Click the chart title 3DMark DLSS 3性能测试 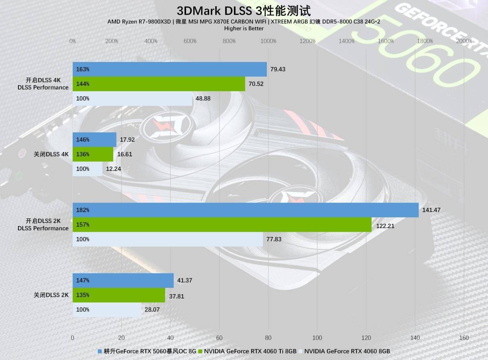click(x=243, y=11)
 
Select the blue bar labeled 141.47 click(x=245, y=210)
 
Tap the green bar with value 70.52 click(x=159, y=84)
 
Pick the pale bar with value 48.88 click(x=132, y=99)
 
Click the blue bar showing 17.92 click(x=94, y=140)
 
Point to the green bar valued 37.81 click(x=119, y=295)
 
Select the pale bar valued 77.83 click(x=168, y=239)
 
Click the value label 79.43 click(x=278, y=69)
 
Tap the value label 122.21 click(x=385, y=226)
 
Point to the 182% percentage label click(x=82, y=210)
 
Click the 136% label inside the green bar click(x=82, y=154)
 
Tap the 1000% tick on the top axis click(x=268, y=41)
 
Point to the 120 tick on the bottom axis click(x=366, y=338)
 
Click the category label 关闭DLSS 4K click(x=51, y=154)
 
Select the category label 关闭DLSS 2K click(x=51, y=295)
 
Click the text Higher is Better click(x=244, y=28)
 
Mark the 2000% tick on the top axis click(x=464, y=41)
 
